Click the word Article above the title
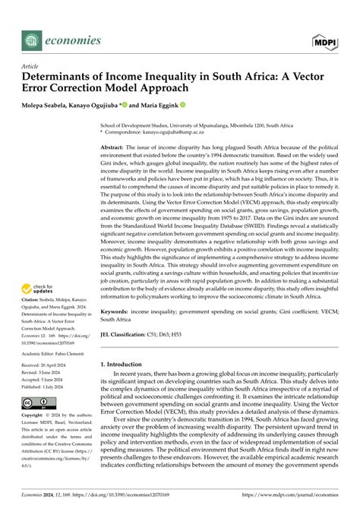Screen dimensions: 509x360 point(30,67)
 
